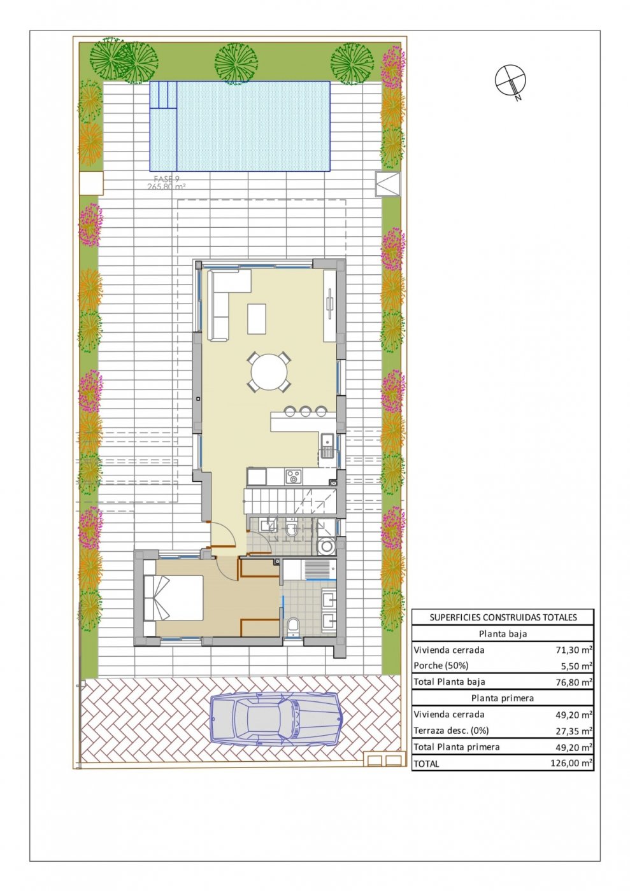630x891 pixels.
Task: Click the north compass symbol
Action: [x=510, y=81]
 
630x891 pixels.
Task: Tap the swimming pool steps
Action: [x=163, y=95]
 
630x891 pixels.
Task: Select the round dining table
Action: [x=269, y=372]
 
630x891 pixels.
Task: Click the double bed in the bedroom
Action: [x=173, y=598]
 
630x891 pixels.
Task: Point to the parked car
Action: [x=276, y=719]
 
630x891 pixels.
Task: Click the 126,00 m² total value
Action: [x=571, y=763]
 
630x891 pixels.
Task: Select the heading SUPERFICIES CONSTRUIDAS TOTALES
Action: [x=503, y=617]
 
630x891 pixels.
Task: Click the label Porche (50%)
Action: [x=441, y=666]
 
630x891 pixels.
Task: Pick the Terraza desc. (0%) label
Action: [x=451, y=731]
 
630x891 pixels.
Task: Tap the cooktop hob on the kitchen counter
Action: [x=293, y=475]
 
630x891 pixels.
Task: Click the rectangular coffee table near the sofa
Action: [x=257, y=318]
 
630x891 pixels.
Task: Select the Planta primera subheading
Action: [x=503, y=698]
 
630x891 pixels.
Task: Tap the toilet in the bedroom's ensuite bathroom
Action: [x=293, y=627]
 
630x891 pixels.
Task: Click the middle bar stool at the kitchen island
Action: [x=305, y=411]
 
